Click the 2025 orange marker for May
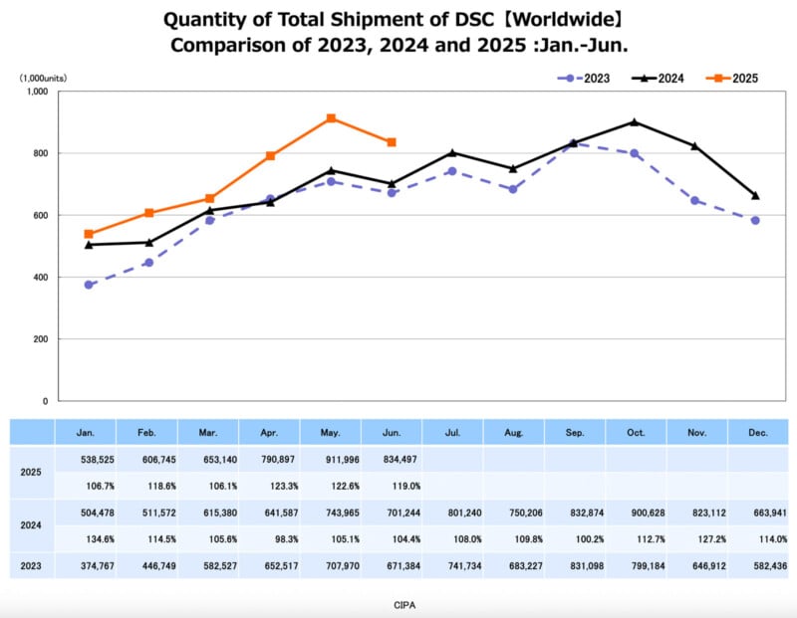click(331, 118)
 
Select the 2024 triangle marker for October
click(635, 122)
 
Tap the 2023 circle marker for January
click(89, 285)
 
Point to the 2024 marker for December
click(755, 195)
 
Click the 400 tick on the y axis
click(40, 278)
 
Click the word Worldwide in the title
click(542, 20)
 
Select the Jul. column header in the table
click(452, 432)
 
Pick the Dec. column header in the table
click(757, 432)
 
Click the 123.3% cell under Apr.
click(270, 486)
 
